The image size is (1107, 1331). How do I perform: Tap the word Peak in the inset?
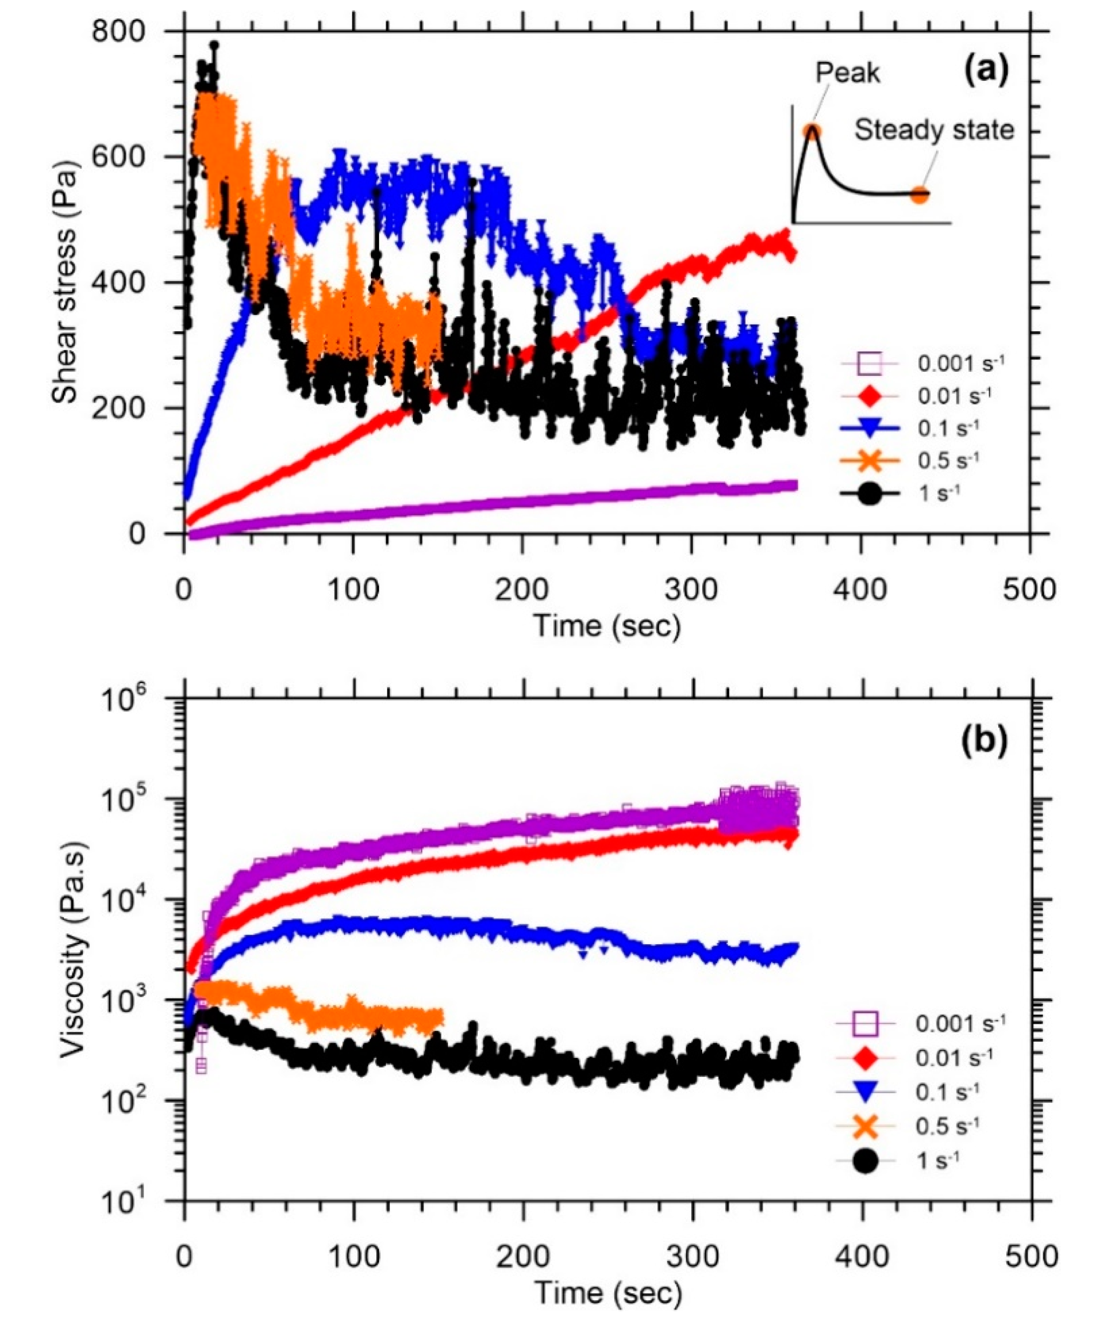click(848, 73)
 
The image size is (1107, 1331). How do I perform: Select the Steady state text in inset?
click(934, 130)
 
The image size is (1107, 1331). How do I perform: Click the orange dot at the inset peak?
click(813, 131)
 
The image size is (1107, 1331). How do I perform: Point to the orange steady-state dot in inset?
click(919, 195)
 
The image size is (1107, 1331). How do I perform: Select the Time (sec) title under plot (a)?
click(607, 626)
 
